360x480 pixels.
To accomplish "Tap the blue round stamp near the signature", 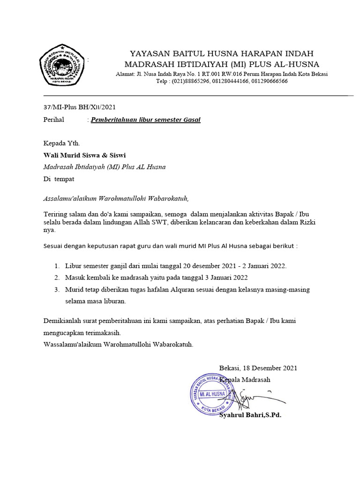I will tap(212, 394).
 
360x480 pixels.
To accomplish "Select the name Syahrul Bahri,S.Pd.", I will tap(250, 415).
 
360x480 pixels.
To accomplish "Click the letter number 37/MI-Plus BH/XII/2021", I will tap(76, 107).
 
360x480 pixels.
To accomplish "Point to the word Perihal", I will tap(53, 120).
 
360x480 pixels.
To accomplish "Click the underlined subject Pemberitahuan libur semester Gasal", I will tap(145, 120).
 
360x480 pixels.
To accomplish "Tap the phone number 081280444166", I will tap(227, 81).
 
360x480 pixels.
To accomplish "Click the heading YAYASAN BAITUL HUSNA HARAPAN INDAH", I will tap(221, 53).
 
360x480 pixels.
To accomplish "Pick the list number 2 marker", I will tap(57, 277).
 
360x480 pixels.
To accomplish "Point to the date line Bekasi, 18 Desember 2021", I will tap(258, 368).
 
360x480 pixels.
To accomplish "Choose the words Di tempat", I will tap(59, 179).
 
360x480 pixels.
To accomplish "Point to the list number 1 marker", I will tap(57, 266).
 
